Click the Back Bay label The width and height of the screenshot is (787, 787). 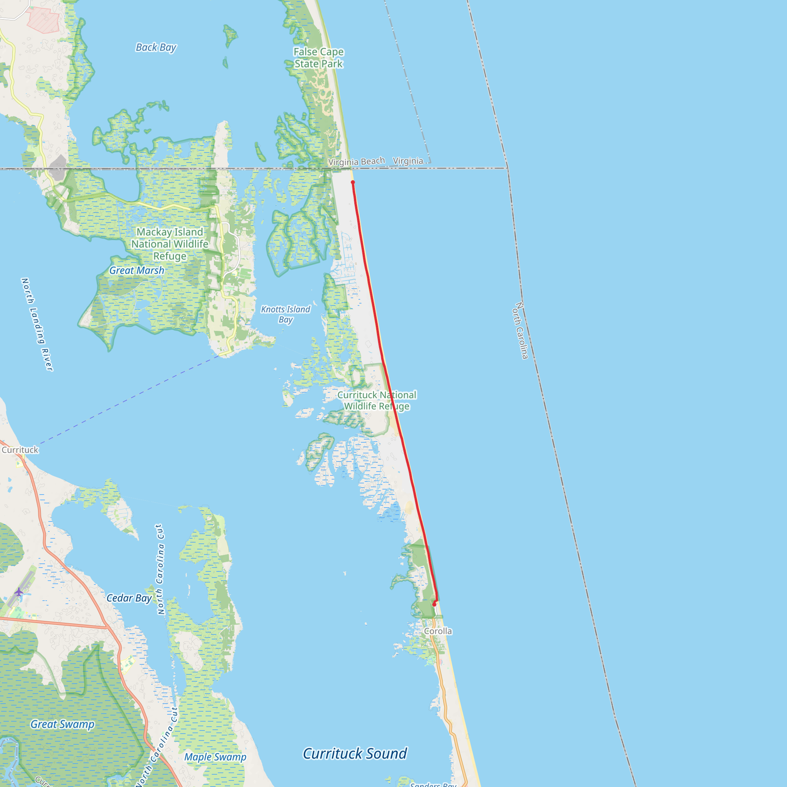tap(156, 48)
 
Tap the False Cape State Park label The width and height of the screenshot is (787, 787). tap(319, 58)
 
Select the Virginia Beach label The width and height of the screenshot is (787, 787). tap(357, 162)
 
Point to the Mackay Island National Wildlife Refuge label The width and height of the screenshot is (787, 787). tap(169, 244)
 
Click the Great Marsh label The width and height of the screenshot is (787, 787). tap(136, 271)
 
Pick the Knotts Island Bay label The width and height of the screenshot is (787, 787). tap(286, 314)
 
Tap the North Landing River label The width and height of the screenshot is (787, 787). tap(37, 325)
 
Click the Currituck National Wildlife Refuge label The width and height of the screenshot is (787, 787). tap(377, 400)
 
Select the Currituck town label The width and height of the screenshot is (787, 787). tap(20, 450)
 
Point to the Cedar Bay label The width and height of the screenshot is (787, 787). tap(129, 598)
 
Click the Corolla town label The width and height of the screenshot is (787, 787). tap(438, 631)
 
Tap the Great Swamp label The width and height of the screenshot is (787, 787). tap(62, 724)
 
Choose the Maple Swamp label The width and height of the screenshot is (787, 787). tap(215, 757)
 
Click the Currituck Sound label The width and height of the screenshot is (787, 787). tap(355, 754)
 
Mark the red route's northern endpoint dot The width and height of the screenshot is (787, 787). tap(353, 182)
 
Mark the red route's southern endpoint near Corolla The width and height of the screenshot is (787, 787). tap(434, 605)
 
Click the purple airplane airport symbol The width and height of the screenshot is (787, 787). tap(19, 591)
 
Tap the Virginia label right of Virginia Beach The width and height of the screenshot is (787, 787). tap(408, 161)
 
